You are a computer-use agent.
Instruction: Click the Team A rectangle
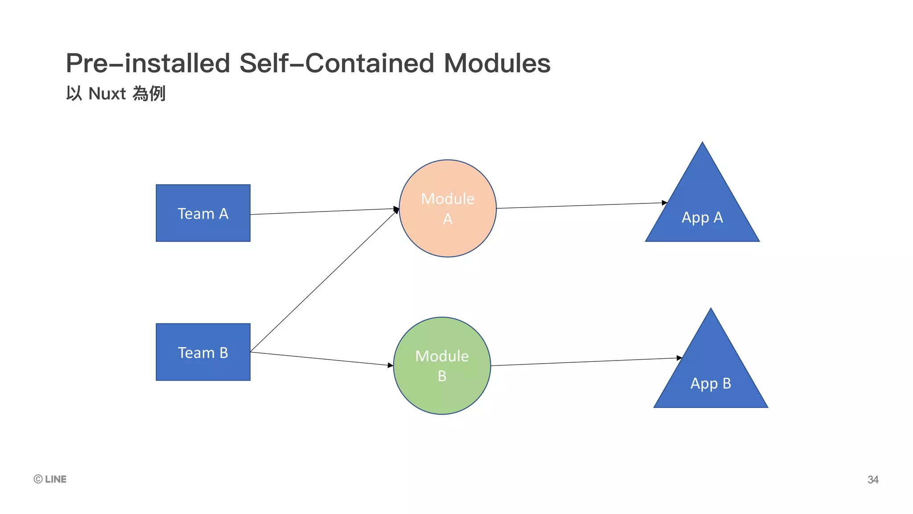pyautogui.click(x=203, y=213)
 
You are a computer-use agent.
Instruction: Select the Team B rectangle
pyautogui.click(x=203, y=352)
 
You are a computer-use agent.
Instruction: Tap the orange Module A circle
pyautogui.click(x=448, y=208)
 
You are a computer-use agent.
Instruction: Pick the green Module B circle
pyautogui.click(x=442, y=366)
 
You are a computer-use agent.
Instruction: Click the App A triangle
pyautogui.click(x=702, y=214)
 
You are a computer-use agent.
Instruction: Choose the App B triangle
pyautogui.click(x=711, y=379)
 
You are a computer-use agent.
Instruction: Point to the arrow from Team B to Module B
pyautogui.click(x=321, y=359)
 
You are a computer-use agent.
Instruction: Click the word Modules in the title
pyautogui.click(x=497, y=63)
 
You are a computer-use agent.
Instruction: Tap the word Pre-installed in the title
pyautogui.click(x=148, y=63)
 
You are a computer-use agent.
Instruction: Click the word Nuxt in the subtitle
pyautogui.click(x=107, y=94)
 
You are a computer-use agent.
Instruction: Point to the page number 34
pyautogui.click(x=872, y=480)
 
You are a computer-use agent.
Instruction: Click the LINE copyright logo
pyautogui.click(x=50, y=479)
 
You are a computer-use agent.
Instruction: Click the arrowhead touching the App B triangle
pyautogui.click(x=679, y=358)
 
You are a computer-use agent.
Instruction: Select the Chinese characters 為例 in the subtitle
pyautogui.click(x=149, y=94)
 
